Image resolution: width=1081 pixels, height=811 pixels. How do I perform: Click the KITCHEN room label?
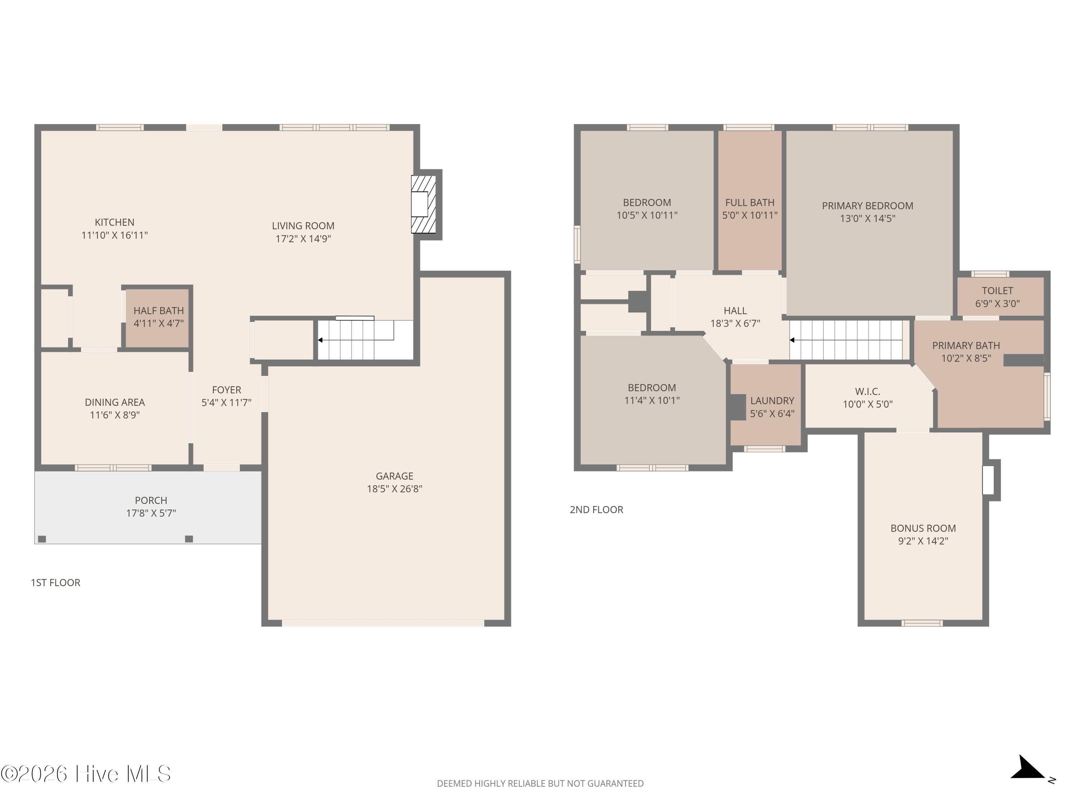click(x=114, y=222)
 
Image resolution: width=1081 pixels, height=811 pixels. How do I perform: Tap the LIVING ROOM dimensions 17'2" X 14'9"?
click(x=303, y=239)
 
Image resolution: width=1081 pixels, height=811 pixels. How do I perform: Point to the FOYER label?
click(x=226, y=390)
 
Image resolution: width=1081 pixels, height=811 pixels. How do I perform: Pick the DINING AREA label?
click(x=115, y=402)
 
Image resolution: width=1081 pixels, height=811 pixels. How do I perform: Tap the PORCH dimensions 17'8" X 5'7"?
click(x=151, y=513)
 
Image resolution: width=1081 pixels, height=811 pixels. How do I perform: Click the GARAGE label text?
click(x=394, y=476)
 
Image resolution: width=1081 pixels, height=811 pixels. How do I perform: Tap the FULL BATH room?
click(x=749, y=200)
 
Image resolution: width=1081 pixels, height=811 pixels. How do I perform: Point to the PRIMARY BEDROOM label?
click(x=867, y=206)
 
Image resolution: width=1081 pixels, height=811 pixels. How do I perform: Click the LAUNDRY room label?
click(x=772, y=401)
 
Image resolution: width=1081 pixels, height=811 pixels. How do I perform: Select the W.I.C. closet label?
click(x=867, y=391)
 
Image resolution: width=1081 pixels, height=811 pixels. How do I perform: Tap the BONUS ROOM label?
click(x=923, y=528)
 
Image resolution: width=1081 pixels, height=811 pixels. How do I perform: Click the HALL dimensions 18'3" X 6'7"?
click(x=735, y=323)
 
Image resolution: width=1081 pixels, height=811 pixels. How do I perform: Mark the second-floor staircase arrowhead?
click(x=792, y=340)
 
